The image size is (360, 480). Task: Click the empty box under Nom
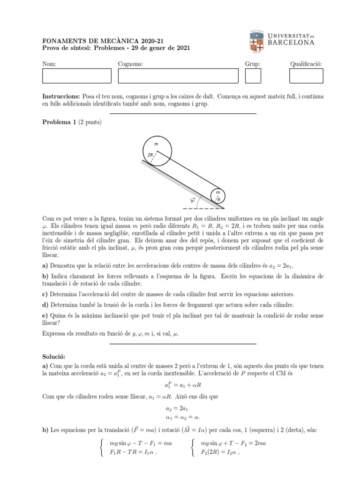point(76,76)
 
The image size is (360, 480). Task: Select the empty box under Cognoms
point(178,76)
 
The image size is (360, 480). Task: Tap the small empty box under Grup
point(253,76)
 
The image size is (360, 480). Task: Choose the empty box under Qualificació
point(306,76)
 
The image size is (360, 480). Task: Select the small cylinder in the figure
point(217,196)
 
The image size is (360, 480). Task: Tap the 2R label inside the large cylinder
point(150,155)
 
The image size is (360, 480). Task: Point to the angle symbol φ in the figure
point(192,201)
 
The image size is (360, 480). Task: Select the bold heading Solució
point(55,357)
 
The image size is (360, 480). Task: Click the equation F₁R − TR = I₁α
point(132,452)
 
